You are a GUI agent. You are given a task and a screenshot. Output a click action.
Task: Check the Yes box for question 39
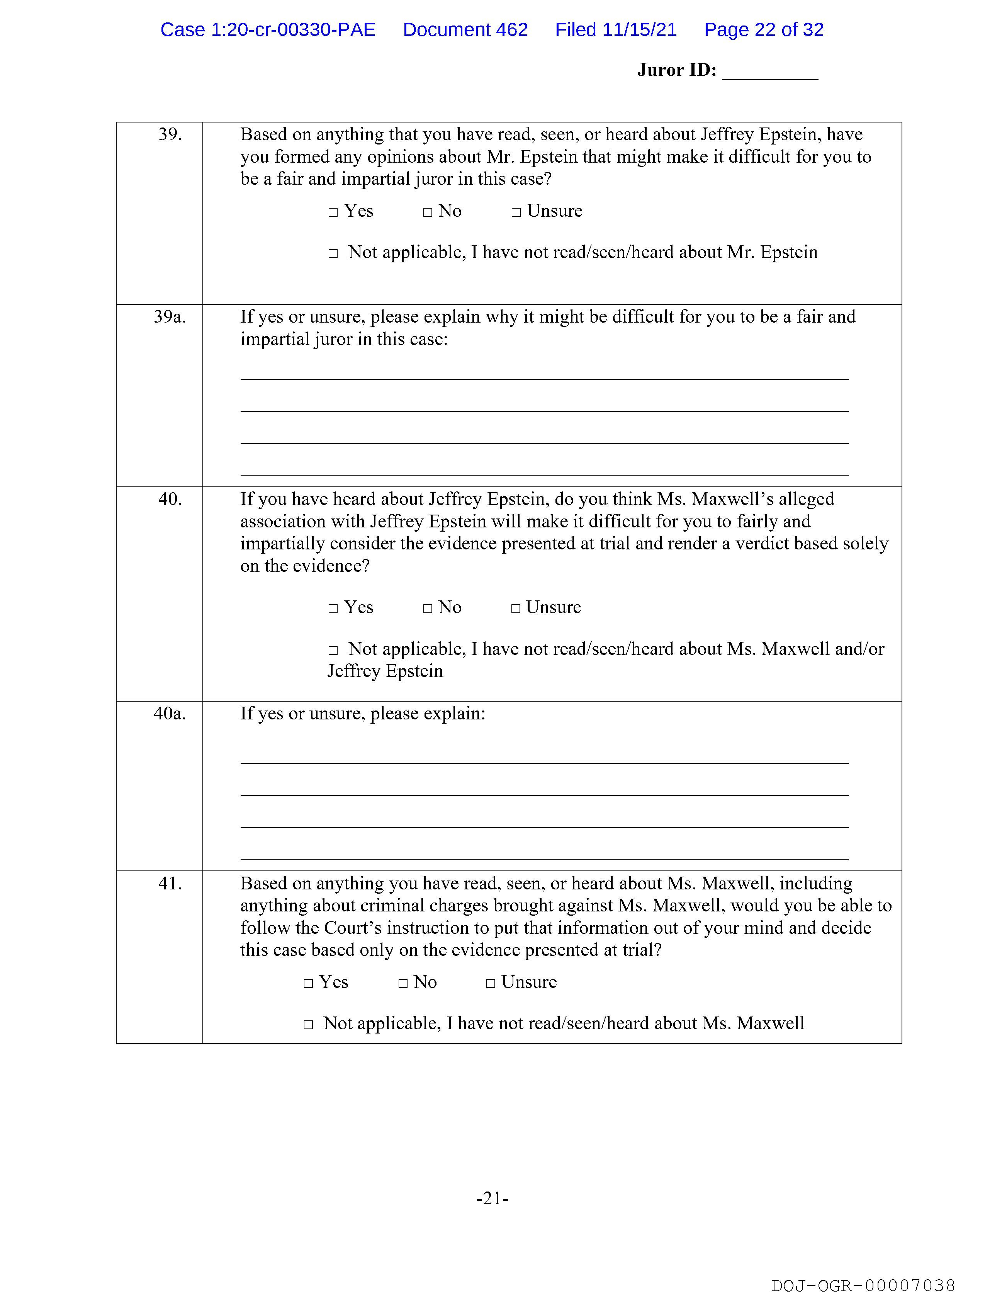coord(333,212)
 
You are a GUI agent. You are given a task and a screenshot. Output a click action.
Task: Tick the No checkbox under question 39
coord(428,212)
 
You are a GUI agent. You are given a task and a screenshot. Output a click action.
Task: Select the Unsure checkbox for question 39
coord(516,212)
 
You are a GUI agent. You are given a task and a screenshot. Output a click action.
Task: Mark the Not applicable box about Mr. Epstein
coord(333,254)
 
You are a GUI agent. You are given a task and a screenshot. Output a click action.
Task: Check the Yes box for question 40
coord(333,609)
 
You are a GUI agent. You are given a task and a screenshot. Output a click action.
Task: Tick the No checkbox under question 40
coord(428,609)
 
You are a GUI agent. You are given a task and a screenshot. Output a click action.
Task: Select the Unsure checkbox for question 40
coord(516,609)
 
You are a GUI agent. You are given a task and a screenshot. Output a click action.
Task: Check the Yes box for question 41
coord(308,983)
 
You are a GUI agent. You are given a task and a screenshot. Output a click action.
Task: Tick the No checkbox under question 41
coord(403,983)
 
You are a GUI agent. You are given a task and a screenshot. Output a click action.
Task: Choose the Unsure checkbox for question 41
coord(491,983)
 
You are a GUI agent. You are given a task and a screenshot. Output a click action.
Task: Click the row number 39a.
coord(170,317)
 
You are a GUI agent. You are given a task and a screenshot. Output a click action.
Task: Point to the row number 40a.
coord(170,714)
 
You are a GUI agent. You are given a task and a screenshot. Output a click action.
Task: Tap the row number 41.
coord(170,884)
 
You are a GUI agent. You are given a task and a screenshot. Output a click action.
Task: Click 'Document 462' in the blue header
coord(465,30)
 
